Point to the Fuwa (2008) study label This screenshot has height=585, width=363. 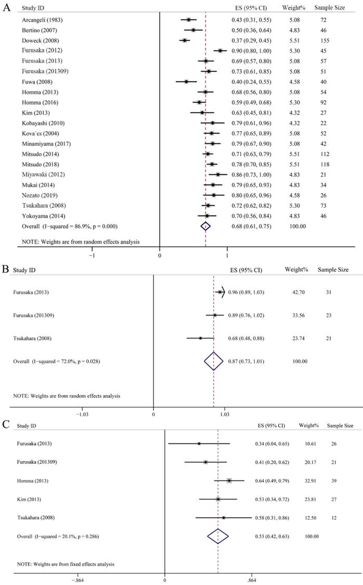tap(36, 81)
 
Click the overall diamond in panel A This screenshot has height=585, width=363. tap(206, 226)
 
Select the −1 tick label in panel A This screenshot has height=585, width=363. tap(92, 256)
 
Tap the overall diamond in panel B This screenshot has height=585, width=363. tap(213, 361)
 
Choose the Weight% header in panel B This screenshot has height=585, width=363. tap(297, 270)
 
